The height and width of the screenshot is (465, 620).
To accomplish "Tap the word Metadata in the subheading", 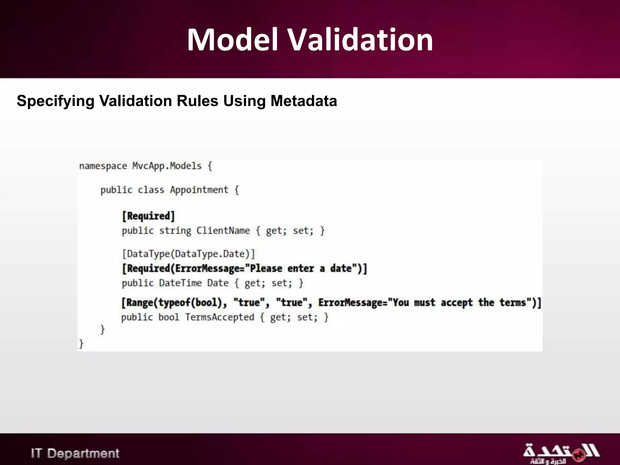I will coord(304,101).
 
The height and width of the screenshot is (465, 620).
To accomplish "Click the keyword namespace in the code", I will coord(103,166).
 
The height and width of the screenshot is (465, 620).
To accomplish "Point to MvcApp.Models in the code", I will coord(167,166).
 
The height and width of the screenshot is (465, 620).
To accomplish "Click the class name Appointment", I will coord(199,190).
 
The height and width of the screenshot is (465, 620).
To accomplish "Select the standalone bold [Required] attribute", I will coord(148,216).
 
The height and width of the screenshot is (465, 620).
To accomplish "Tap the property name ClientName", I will coord(223,231).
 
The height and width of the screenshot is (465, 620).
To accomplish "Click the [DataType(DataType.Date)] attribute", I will coord(188,254).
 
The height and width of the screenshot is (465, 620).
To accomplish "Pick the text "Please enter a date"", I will coord(305,269).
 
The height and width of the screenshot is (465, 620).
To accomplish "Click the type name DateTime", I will coord(180,283).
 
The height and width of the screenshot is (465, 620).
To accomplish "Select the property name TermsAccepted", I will coord(219,317).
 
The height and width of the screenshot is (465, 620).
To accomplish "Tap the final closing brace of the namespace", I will coord(81,344).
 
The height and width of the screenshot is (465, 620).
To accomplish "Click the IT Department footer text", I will coord(75,453).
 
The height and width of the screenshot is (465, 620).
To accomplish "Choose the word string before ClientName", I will coord(175,231).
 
